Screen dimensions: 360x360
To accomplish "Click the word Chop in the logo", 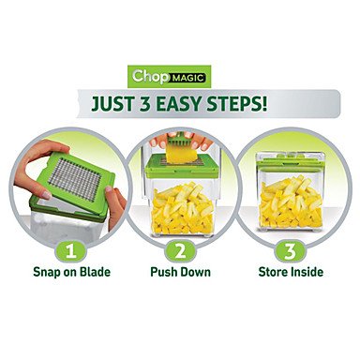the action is (149, 76).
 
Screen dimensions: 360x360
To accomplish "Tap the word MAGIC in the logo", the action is (187, 78).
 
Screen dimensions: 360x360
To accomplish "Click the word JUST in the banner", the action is (112, 103).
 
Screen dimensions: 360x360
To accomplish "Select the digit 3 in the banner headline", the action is (144, 103).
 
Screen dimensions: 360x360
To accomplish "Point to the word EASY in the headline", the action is (178, 103).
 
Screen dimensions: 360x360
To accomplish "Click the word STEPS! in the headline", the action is (236, 103).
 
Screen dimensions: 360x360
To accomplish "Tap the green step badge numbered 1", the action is (71, 250).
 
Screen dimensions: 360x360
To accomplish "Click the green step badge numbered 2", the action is (180, 250).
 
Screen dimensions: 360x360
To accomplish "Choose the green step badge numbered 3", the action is (290, 250).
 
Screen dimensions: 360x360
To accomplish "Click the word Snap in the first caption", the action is (47, 272).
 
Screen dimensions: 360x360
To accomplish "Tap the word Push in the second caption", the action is (164, 272).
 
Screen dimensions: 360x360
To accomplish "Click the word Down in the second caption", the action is (196, 272).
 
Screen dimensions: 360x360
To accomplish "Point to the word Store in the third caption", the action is (273, 272).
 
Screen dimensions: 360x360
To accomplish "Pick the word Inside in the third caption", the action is (307, 272).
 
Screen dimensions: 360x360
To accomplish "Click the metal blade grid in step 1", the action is (75, 178).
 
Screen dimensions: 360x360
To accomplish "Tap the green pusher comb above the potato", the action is (177, 142).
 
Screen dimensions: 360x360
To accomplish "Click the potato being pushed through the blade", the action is (177, 155).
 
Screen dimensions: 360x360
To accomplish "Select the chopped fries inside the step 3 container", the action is (291, 202).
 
